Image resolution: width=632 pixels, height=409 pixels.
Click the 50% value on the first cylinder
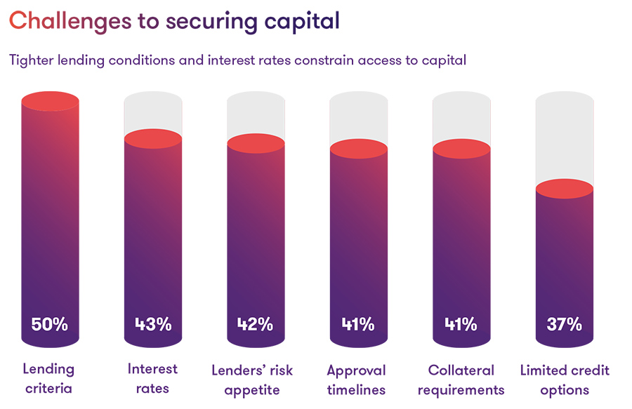tap(49, 324)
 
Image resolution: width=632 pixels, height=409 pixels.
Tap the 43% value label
tap(152, 324)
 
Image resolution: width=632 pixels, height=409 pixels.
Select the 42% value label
tap(255, 324)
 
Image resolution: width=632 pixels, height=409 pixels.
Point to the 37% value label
tap(564, 324)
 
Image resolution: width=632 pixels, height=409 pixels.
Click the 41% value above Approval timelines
tap(357, 324)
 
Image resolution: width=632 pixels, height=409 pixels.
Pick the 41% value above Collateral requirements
tap(461, 324)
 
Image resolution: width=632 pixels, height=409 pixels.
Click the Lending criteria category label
tap(48, 379)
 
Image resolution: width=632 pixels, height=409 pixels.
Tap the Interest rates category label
tap(152, 379)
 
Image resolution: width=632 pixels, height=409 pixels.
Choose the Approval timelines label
tap(357, 379)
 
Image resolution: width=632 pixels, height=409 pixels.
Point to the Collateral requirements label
tap(461, 379)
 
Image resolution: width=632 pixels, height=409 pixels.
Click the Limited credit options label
tap(565, 379)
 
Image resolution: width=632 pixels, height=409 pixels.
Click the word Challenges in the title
tap(70, 21)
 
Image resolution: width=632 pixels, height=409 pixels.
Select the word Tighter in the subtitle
tap(33, 60)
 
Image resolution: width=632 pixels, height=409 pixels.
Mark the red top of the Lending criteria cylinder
tap(49, 101)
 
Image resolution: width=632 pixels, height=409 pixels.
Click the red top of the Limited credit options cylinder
tap(564, 189)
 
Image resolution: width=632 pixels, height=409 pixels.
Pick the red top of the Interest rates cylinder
tap(152, 139)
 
